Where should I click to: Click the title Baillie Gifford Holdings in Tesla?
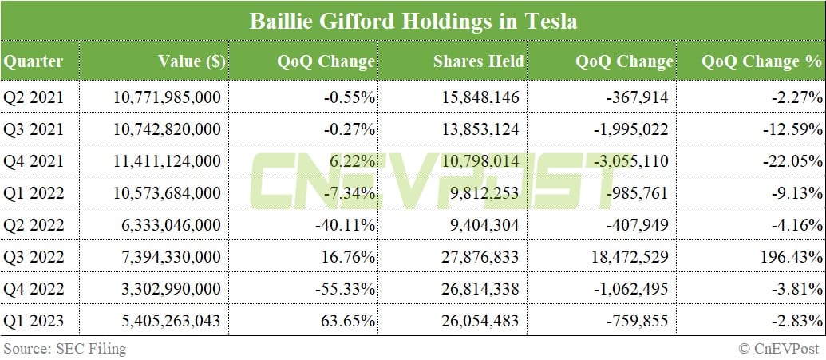(413, 21)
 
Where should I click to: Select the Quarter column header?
(33, 61)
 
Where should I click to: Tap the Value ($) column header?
(192, 61)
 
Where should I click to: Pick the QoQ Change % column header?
(761, 61)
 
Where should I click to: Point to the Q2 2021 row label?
(33, 98)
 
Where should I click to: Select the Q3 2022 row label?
(33, 256)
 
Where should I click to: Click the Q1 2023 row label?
(33, 321)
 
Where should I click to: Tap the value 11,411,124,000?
(165, 161)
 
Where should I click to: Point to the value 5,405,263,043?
(165, 321)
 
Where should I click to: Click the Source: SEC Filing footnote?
(64, 348)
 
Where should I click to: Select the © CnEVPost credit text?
(780, 348)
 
